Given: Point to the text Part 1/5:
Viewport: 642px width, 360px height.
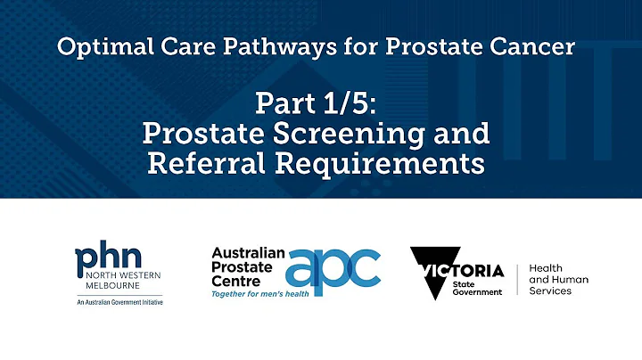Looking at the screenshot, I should pos(317,104).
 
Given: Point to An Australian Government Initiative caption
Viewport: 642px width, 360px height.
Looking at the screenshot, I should pos(119,302).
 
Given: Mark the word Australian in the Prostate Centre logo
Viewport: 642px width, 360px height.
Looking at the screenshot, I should pos(248,253).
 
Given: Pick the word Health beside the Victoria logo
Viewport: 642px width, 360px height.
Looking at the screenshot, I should pos(546,268).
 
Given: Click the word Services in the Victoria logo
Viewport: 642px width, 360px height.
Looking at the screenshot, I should pos(550,290).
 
